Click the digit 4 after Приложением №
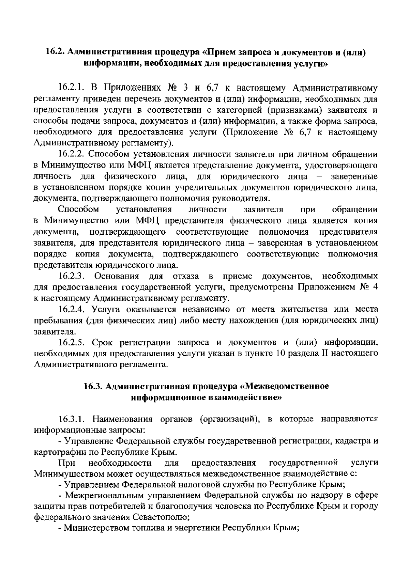pos(375,287)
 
